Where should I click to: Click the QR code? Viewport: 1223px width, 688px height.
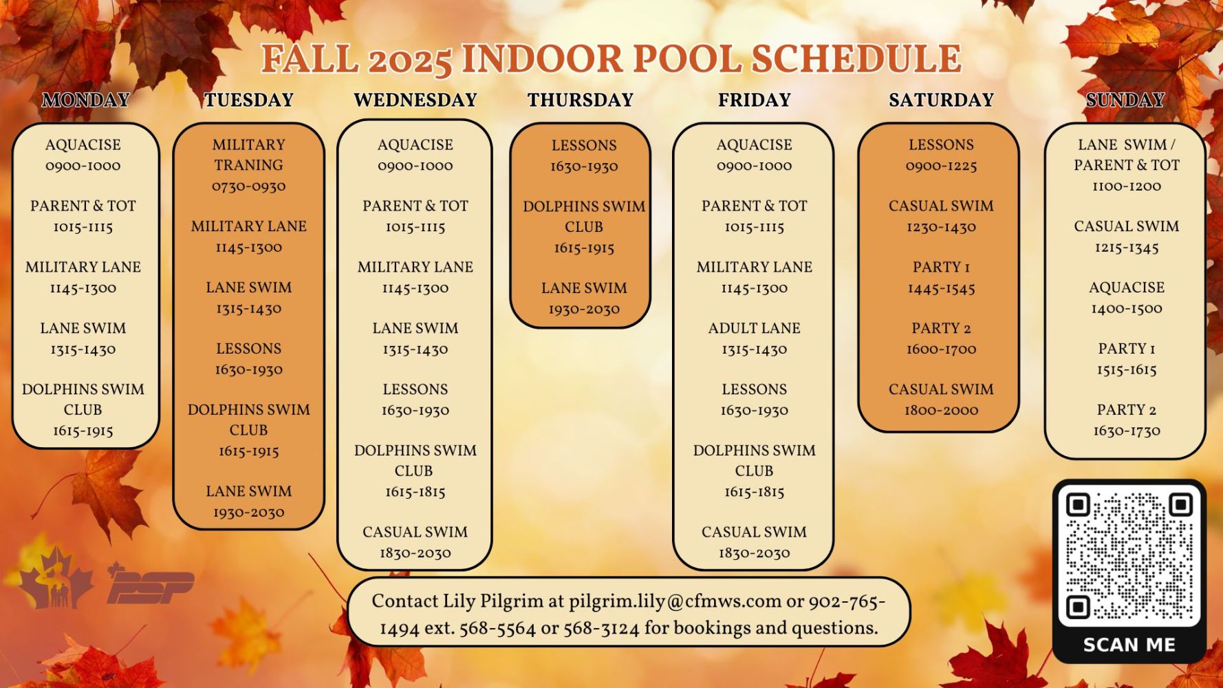tap(1129, 556)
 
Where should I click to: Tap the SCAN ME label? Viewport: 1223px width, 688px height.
tap(1129, 645)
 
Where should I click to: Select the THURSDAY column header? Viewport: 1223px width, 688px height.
tap(581, 100)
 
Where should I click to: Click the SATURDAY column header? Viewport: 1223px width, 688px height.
tap(941, 100)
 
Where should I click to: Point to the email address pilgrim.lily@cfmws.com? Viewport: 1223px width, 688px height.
tap(675, 601)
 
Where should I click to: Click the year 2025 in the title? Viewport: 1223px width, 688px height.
tap(410, 60)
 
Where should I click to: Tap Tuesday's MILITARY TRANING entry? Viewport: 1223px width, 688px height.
tap(248, 155)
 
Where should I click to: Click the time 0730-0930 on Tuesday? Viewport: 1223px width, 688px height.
tap(248, 186)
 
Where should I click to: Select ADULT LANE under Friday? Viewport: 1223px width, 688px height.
tap(754, 328)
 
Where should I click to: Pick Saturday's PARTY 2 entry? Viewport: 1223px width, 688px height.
tap(941, 328)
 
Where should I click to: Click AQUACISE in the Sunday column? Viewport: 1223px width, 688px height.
tap(1126, 288)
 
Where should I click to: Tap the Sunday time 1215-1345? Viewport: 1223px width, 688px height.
tap(1126, 247)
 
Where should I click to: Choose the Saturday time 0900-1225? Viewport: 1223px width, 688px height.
tap(941, 166)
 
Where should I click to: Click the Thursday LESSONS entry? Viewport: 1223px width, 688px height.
tap(583, 146)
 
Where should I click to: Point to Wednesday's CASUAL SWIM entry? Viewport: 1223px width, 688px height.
tap(415, 532)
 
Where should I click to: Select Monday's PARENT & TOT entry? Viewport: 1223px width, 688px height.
tap(83, 206)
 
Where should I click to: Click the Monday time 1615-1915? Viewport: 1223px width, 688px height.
tap(83, 431)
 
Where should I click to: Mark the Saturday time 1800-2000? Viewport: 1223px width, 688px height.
tap(941, 410)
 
